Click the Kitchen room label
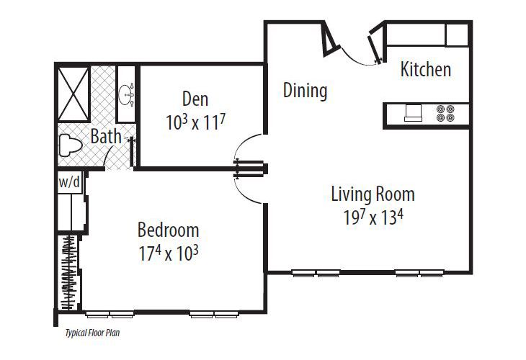426,70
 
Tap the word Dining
305,91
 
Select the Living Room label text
373,194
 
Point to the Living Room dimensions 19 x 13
373,217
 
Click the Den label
195,98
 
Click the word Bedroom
168,230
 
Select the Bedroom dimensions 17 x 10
168,253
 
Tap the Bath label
106,135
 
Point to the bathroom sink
128,92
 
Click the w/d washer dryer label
70,183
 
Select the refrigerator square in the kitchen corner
458,35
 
